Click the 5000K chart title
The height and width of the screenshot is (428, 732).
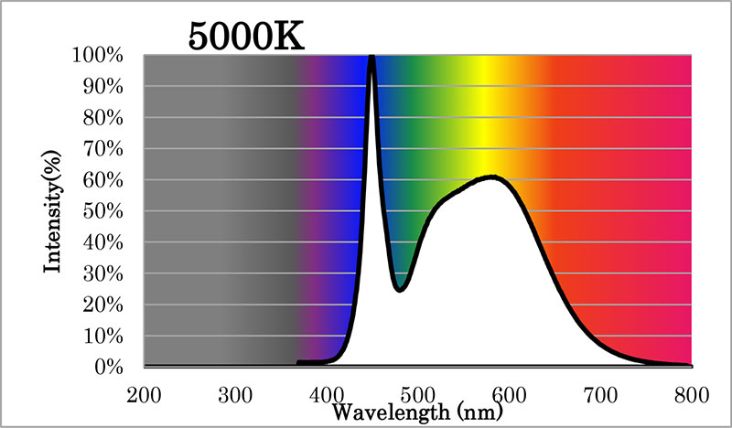click(x=246, y=37)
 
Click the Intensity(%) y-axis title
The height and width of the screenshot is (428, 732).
click(x=52, y=211)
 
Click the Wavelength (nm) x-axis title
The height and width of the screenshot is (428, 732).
click(x=417, y=412)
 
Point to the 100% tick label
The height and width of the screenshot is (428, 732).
click(x=97, y=55)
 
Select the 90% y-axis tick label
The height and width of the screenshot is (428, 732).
click(x=103, y=86)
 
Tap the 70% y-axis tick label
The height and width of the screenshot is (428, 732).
click(x=103, y=149)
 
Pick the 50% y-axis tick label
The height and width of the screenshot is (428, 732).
click(x=103, y=211)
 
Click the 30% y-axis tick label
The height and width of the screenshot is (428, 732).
click(x=103, y=274)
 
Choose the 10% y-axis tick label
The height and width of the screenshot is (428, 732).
click(x=103, y=336)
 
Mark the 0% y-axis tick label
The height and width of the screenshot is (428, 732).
click(x=109, y=368)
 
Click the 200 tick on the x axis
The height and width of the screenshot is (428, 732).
click(x=144, y=395)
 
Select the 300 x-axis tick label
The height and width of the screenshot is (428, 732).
click(x=235, y=395)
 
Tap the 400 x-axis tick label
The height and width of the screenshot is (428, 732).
click(x=327, y=395)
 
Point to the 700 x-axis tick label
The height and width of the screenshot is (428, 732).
click(x=601, y=395)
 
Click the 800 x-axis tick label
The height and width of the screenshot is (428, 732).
click(x=692, y=395)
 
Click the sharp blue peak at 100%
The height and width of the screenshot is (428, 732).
click(x=372, y=57)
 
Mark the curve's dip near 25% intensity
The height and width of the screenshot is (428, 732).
click(x=400, y=289)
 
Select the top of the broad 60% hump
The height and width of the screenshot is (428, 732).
click(x=492, y=177)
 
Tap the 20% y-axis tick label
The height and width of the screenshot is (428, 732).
click(x=103, y=305)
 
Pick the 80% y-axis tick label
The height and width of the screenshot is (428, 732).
click(x=103, y=118)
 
